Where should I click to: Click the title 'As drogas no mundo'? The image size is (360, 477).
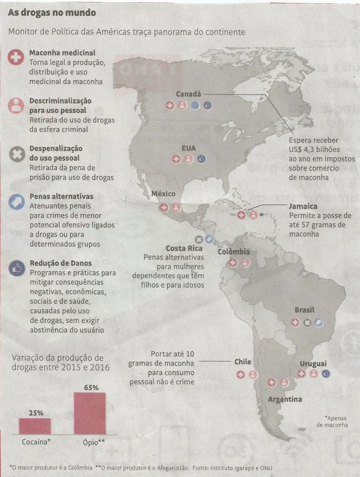pyautogui.click(x=52, y=13)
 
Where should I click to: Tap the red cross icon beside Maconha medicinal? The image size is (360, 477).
pyautogui.click(x=16, y=58)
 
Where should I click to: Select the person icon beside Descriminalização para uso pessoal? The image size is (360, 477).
pyautogui.click(x=16, y=106)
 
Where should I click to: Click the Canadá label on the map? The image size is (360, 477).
pyautogui.click(x=188, y=94)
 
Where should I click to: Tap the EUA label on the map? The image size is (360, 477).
pyautogui.click(x=189, y=148)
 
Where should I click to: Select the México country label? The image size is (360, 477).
pyautogui.click(x=163, y=194)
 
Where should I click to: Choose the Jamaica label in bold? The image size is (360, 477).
pyautogui.click(x=303, y=206)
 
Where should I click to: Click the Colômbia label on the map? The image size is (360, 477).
pyautogui.click(x=234, y=252)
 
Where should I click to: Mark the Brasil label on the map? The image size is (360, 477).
pyautogui.click(x=304, y=310)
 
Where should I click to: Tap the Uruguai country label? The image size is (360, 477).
pyautogui.click(x=313, y=363)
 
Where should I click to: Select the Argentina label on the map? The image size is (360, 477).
pyautogui.click(x=285, y=399)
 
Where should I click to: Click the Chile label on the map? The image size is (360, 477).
pyautogui.click(x=243, y=362)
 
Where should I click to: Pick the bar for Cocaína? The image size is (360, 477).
pyautogui.click(x=35, y=426)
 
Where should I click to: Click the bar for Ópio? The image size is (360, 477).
pyautogui.click(x=89, y=413)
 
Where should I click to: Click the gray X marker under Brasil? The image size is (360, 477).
pyautogui.click(x=307, y=322)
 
